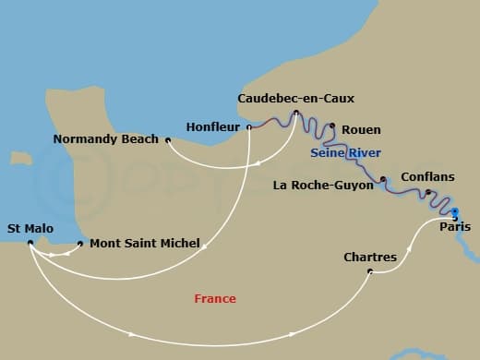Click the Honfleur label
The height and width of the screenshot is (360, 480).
click(212, 126)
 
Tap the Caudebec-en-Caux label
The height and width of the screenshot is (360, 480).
click(295, 98)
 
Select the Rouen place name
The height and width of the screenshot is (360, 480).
click(361, 130)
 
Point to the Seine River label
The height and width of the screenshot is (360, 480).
click(346, 151)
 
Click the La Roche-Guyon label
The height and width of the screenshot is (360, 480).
click(323, 185)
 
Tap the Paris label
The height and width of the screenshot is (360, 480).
click(455, 227)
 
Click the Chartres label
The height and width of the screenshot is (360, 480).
click(369, 257)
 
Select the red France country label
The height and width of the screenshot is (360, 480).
click(215, 298)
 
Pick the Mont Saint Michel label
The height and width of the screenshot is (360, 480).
click(145, 244)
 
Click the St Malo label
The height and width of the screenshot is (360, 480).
click(30, 227)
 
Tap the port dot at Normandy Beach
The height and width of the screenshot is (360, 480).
click(168, 140)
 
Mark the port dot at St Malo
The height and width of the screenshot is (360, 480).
click(30, 244)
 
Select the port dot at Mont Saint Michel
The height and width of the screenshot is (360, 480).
click(81, 244)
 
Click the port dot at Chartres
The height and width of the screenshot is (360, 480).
click(369, 271)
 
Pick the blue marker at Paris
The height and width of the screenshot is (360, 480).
click(454, 213)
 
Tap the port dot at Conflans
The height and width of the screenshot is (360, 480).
click(427, 192)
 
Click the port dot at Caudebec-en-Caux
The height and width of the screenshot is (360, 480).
click(295, 114)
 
